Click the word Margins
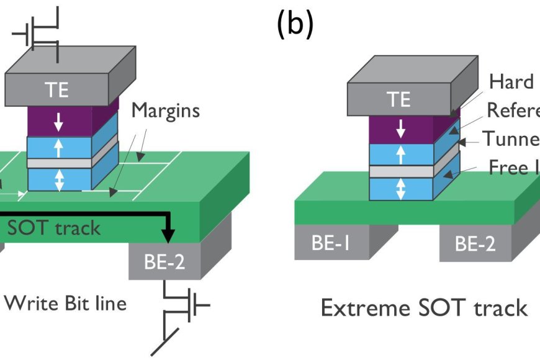(166, 111)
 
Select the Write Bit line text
(65, 304)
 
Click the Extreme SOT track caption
(424, 308)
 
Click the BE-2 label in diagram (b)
(475, 243)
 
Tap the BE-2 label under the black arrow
(165, 262)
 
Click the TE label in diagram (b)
(398, 99)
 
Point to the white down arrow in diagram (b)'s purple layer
(401, 128)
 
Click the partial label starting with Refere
(513, 110)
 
